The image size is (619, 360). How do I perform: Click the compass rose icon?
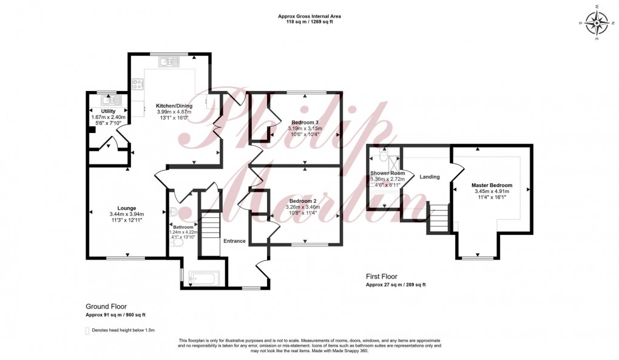(x=600, y=24)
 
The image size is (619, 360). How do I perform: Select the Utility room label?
(x=108, y=111)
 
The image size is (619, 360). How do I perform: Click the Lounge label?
(x=126, y=208)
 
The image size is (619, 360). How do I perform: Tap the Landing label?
(x=429, y=177)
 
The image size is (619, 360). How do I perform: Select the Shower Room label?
(x=387, y=173)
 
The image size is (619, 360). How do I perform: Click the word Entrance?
(x=234, y=241)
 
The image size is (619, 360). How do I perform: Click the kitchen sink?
(x=169, y=61)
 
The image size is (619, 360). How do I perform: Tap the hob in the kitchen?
(x=138, y=84)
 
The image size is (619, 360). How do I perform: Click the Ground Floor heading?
(x=106, y=307)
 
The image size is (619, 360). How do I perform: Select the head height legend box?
(x=87, y=330)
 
